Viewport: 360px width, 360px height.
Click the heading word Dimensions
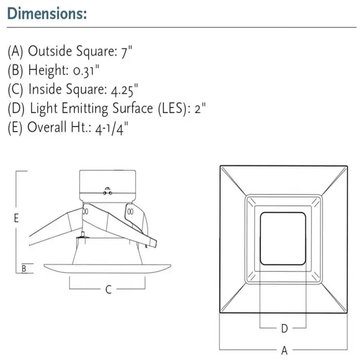click(x=47, y=13)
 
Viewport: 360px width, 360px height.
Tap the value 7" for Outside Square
click(x=127, y=52)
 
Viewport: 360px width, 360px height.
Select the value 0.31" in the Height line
click(x=86, y=71)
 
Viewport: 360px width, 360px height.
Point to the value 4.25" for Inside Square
click(x=125, y=90)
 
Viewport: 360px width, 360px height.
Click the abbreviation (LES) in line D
click(x=173, y=108)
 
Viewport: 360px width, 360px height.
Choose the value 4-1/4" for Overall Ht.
click(x=111, y=128)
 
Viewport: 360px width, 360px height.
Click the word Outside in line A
click(x=50, y=51)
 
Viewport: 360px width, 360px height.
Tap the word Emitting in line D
click(x=85, y=109)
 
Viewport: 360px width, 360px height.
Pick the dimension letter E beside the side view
click(x=16, y=218)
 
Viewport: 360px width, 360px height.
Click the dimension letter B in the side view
click(x=24, y=268)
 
